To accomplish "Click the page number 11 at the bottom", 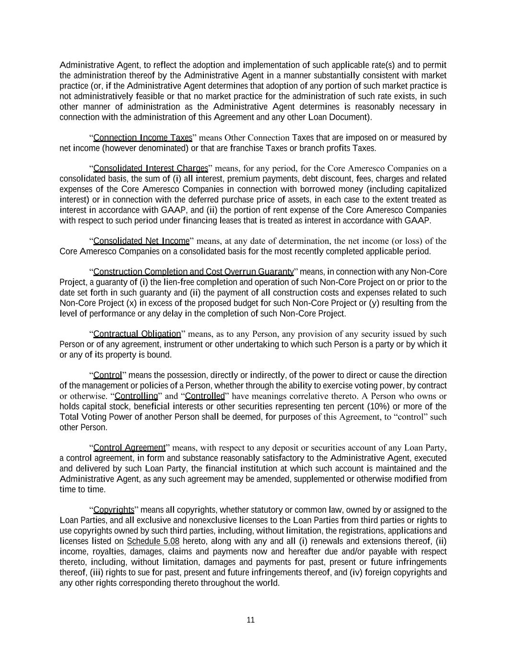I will [x=250, y=620].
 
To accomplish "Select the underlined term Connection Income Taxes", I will [x=142, y=138].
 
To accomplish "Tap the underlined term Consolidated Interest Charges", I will [x=151, y=168].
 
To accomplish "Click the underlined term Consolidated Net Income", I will [x=141, y=241].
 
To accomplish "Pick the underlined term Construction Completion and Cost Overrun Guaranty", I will [x=193, y=272].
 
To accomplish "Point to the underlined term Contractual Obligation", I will [x=137, y=334].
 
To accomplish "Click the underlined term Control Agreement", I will [x=129, y=448].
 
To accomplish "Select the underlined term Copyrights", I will [x=114, y=510].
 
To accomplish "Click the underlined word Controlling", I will [x=136, y=396].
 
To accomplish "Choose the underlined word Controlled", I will [x=205, y=396].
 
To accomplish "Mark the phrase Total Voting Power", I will [x=88, y=417].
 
